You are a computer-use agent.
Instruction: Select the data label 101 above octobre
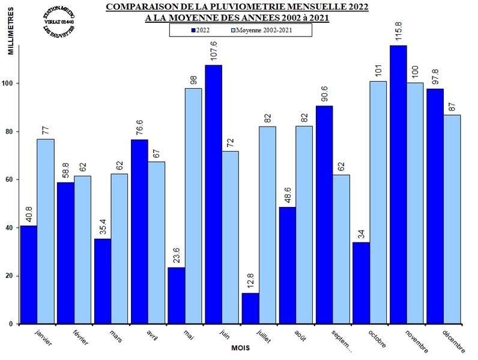pyautogui.click(x=378, y=71)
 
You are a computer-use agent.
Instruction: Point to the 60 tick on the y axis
pyautogui.click(x=12, y=180)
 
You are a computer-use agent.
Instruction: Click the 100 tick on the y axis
pyautogui.click(x=10, y=83)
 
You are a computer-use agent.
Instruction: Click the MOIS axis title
pyautogui.click(x=240, y=347)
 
